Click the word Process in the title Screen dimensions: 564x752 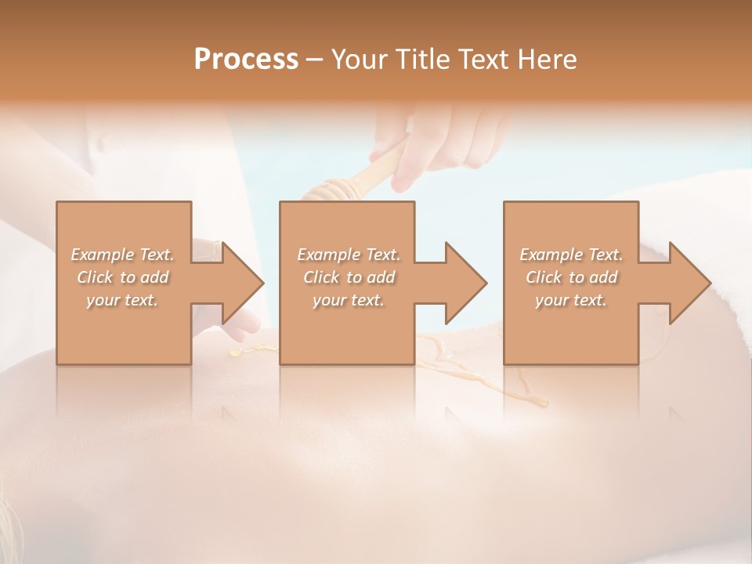(x=246, y=59)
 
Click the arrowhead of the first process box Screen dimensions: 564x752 (x=243, y=283)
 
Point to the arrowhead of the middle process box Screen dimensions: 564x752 (x=466, y=283)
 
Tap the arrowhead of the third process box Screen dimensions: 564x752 (x=689, y=283)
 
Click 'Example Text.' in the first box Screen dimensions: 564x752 (x=122, y=255)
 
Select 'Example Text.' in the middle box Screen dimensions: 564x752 (x=349, y=255)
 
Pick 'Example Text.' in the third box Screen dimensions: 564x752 (x=571, y=255)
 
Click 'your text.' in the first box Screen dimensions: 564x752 (x=122, y=300)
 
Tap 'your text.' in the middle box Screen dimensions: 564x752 (x=349, y=300)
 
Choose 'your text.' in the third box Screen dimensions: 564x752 (x=571, y=300)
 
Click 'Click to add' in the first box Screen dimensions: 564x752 (x=122, y=277)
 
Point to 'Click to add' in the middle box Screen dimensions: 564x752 (x=349, y=277)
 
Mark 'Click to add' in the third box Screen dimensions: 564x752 (x=571, y=277)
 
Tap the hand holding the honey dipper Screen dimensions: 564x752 (x=439, y=141)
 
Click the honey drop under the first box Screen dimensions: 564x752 (x=236, y=353)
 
